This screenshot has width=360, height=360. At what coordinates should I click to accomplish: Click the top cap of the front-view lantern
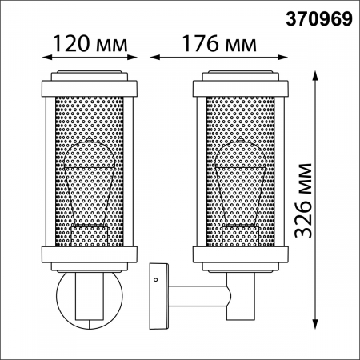click(86, 82)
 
